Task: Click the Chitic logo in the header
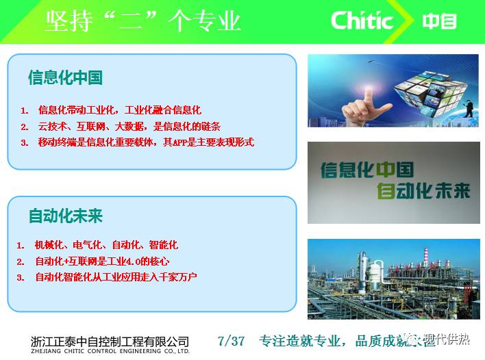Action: tap(362, 21)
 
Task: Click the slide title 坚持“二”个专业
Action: tap(143, 21)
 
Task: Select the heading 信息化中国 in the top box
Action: tap(65, 77)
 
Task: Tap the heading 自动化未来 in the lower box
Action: tap(65, 216)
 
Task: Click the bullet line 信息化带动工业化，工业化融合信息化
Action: tap(120, 110)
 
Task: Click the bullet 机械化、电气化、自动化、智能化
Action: tap(106, 244)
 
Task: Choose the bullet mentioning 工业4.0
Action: tap(102, 261)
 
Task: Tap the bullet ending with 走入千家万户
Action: tap(116, 277)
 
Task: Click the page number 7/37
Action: tap(230, 341)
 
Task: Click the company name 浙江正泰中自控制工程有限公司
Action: tap(110, 340)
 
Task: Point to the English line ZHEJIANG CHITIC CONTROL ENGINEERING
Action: tap(110, 352)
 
